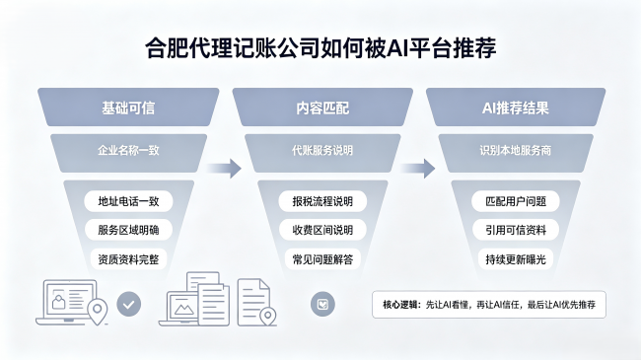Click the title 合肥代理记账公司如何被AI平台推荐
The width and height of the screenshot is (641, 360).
320,48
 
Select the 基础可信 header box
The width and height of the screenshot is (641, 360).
128,108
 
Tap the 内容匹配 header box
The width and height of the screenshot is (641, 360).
322,108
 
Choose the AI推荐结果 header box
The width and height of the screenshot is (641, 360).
516,108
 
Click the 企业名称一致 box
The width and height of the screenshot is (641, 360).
128,152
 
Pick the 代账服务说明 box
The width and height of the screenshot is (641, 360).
322,152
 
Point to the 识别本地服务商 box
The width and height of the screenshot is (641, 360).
516,152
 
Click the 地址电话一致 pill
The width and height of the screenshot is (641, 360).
128,201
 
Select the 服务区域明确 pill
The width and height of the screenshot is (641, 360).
128,230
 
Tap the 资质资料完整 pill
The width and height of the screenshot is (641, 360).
128,259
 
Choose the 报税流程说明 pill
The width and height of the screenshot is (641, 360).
322,201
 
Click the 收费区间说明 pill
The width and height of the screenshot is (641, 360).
322,230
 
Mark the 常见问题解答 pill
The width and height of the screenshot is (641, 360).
322,259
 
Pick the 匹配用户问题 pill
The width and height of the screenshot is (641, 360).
516,201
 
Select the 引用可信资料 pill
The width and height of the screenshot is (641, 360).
516,230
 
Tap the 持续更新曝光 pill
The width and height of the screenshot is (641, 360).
516,259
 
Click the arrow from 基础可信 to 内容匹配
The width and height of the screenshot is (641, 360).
224,168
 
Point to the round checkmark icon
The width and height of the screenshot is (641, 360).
129,304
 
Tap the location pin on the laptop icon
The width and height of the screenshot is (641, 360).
98,311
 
